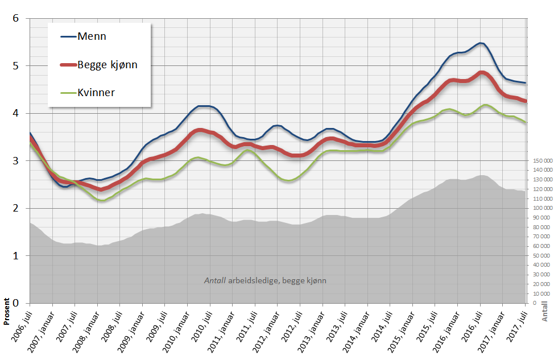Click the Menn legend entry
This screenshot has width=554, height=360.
coord(93,36)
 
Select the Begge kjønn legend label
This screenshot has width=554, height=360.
coord(108,64)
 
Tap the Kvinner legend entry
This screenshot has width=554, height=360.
coord(96,92)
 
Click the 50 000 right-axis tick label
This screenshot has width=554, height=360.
coord(540,256)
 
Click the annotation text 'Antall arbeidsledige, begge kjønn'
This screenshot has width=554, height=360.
coord(265,280)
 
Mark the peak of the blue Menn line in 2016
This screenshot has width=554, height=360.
coord(481,43)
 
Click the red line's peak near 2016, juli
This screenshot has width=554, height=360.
coord(481,73)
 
